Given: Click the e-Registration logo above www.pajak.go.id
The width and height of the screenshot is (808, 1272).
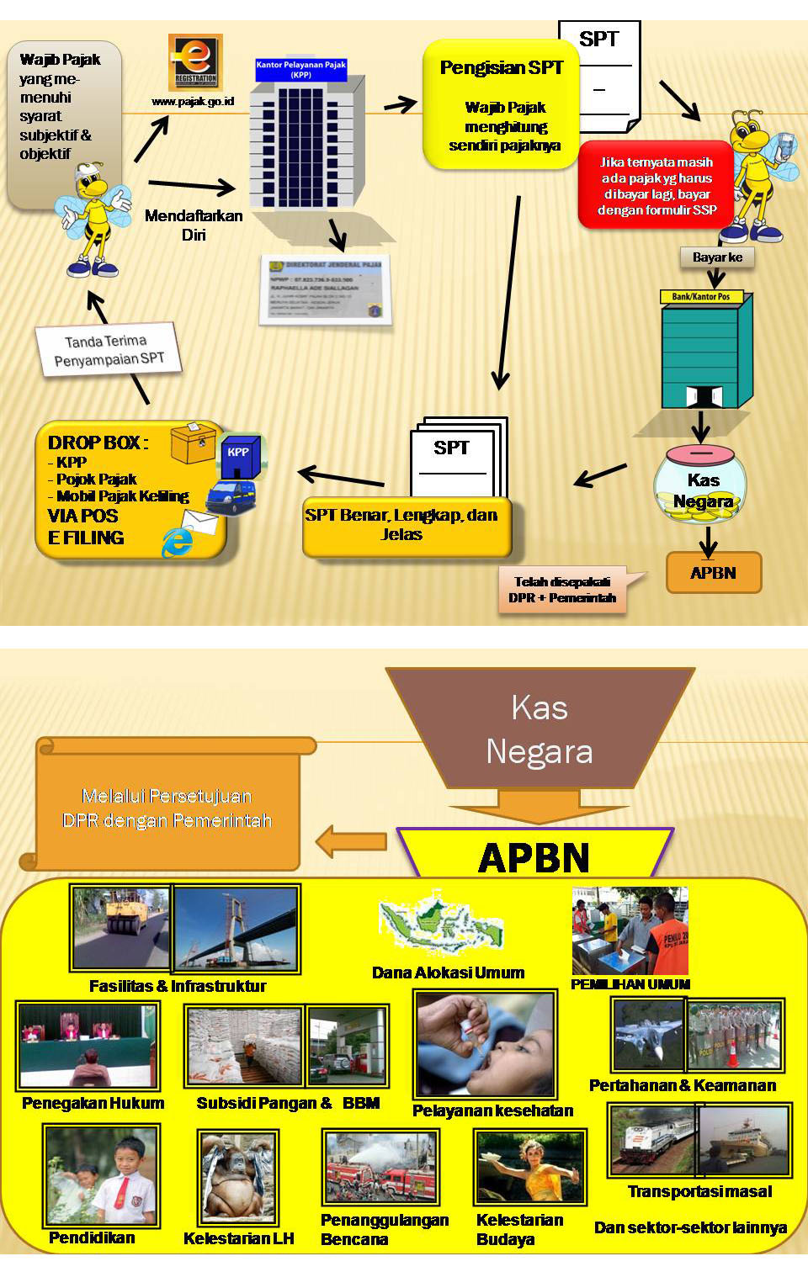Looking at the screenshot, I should click(195, 61).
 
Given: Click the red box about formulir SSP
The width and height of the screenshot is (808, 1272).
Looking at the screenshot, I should click(655, 186).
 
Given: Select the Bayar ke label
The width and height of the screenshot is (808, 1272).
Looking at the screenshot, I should click(717, 257).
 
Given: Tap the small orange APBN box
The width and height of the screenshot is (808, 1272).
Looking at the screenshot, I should click(713, 573).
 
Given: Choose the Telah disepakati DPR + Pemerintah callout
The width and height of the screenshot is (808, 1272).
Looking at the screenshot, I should click(563, 590).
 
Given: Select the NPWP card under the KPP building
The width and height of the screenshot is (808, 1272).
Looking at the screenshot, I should click(325, 288).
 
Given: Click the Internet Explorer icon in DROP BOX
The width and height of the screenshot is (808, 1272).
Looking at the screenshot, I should click(178, 542).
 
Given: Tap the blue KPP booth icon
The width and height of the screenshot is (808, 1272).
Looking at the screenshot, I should click(240, 455).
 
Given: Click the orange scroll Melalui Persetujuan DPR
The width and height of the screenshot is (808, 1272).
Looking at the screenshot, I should click(167, 807).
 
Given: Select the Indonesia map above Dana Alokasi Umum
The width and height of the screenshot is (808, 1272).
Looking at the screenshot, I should click(441, 925).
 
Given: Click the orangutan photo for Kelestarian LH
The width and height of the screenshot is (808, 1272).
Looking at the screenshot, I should click(238, 1177).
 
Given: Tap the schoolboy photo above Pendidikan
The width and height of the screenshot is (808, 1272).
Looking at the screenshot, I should click(101, 1176).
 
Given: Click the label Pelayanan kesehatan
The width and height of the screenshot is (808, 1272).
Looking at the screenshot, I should click(492, 1110).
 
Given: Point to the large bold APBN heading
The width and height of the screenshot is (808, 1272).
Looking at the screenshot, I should click(534, 858).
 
